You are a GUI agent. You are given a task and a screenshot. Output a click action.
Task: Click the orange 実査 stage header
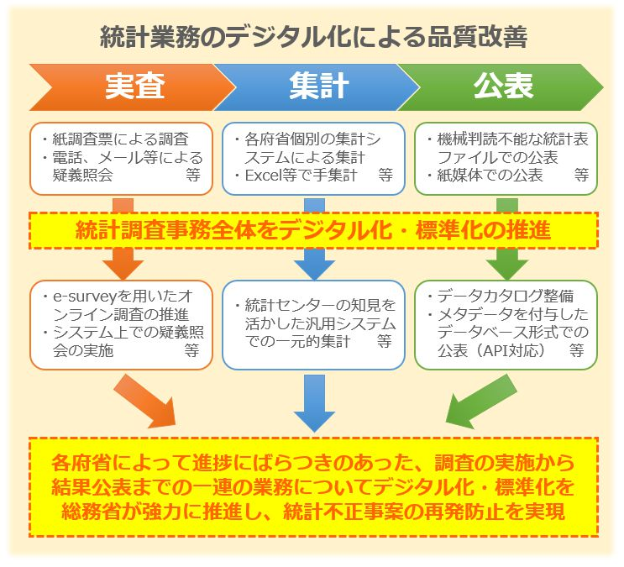(134, 87)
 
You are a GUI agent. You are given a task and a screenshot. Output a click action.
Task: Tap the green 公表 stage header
(502, 87)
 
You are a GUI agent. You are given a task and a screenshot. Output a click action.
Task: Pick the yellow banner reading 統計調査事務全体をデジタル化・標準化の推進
(312, 230)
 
